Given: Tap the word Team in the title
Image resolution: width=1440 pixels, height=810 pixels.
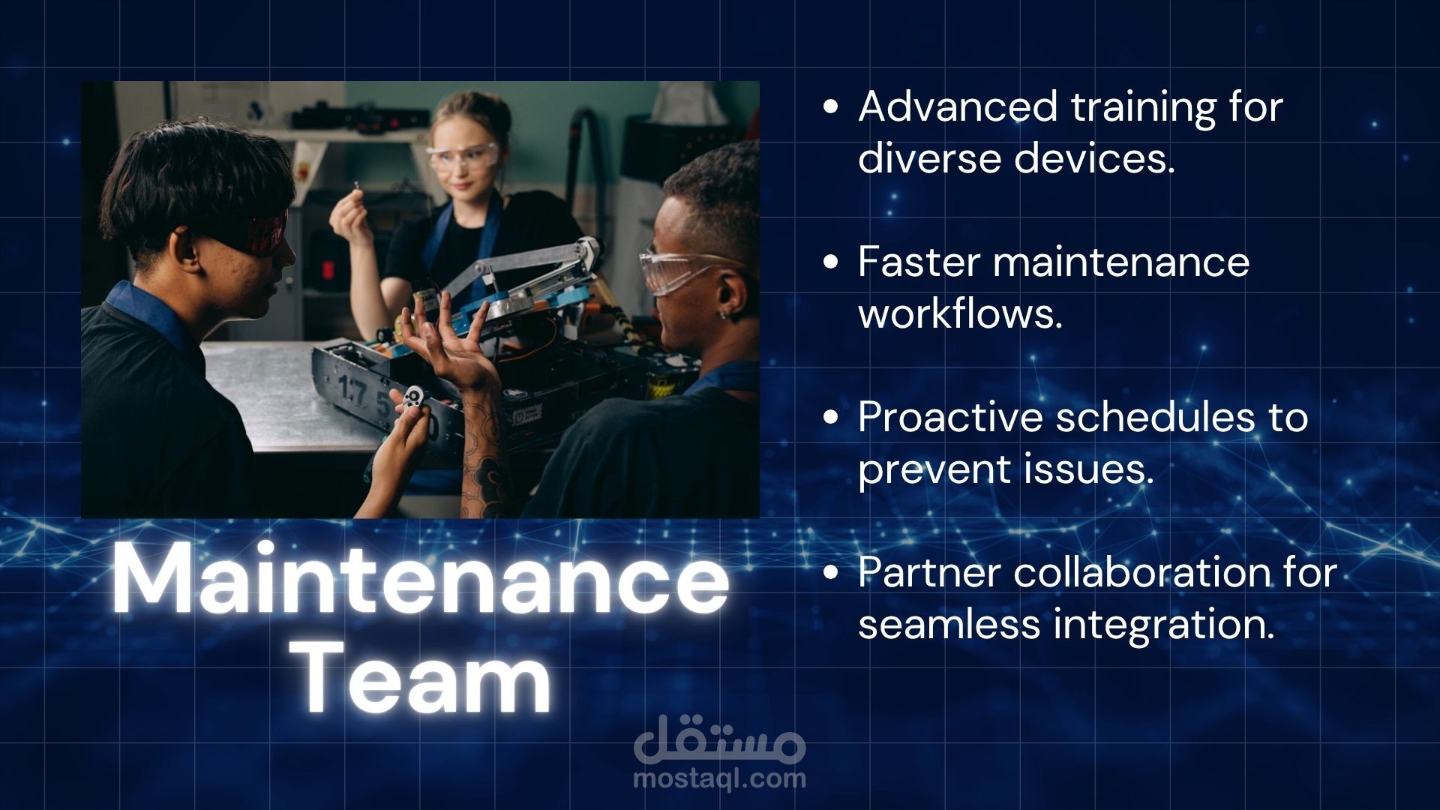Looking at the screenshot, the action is tap(426, 678).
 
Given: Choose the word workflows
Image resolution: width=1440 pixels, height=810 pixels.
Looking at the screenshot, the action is tap(961, 313).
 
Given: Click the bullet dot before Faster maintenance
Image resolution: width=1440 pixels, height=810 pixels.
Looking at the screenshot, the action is tap(829, 262).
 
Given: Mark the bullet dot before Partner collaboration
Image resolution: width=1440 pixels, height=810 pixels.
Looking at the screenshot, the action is tap(829, 574).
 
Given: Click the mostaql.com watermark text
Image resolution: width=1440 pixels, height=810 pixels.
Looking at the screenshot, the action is tap(720, 778).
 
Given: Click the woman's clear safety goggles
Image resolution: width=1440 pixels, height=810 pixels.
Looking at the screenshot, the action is tap(460, 157).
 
